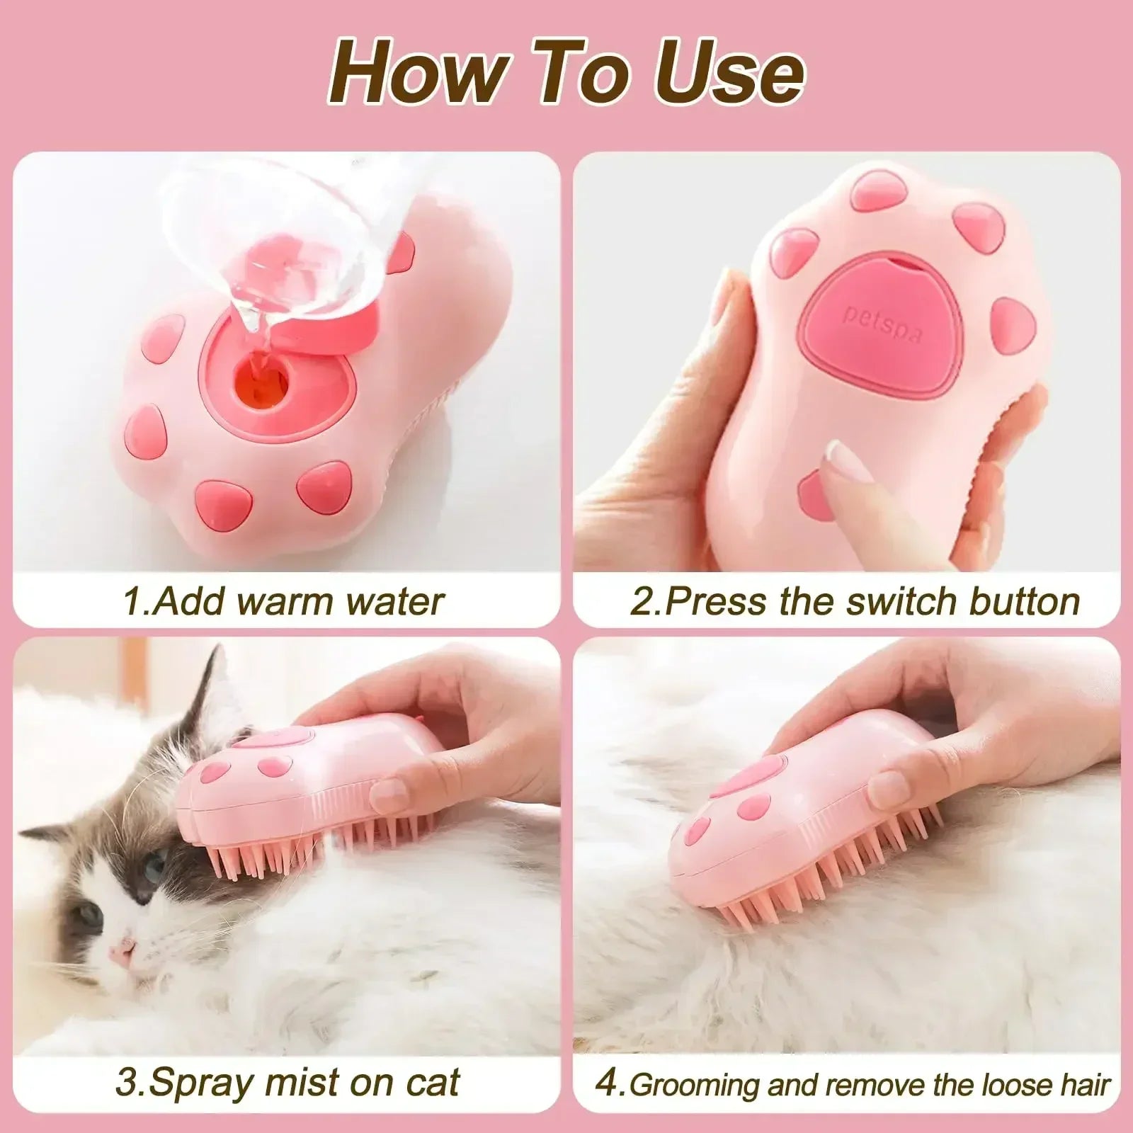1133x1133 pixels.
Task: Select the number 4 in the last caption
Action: point(608,1083)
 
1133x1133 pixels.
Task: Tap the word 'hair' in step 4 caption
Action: point(1083,1084)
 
